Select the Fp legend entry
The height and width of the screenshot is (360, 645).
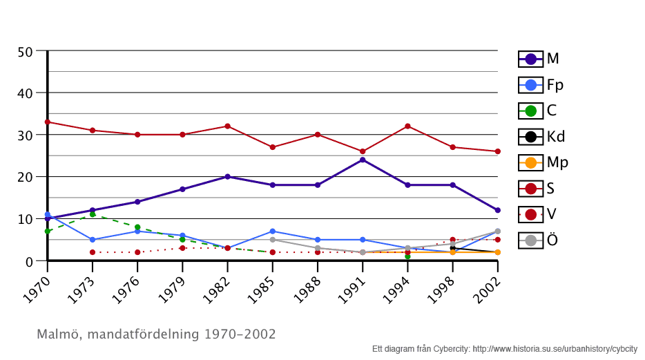coord(541,85)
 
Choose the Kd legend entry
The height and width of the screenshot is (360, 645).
coord(542,136)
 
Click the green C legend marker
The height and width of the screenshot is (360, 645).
coord(531,111)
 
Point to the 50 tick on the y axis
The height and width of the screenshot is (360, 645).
coord(25,51)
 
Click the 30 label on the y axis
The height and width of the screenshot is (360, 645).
coord(25,135)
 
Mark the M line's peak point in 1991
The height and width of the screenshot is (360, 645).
coord(363,160)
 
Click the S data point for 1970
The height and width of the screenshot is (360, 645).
coord(48,122)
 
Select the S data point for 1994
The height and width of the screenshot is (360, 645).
coord(407,126)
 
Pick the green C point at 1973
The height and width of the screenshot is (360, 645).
coord(93,214)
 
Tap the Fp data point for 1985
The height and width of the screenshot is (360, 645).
coord(273,231)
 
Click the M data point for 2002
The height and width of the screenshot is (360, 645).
coord(497,210)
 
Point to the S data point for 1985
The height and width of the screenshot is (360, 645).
coord(273,147)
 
